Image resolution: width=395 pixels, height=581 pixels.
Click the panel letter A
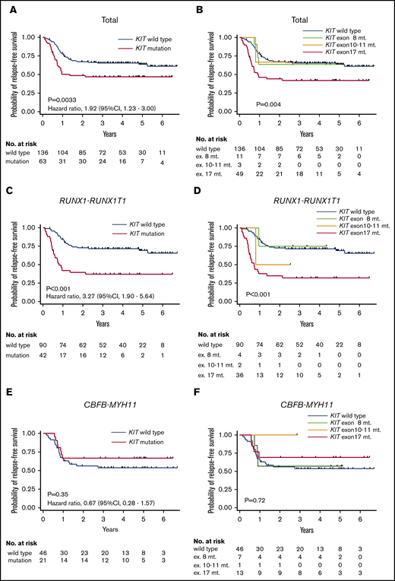(x=6, y=7)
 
